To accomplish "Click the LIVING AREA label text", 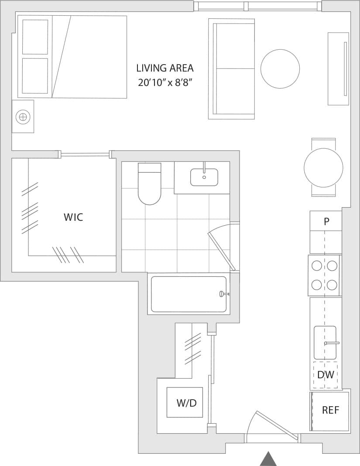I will pyautogui.click(x=165, y=68).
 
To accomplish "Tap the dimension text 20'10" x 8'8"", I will pyautogui.click(x=165, y=82).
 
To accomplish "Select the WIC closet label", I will pyautogui.click(x=73, y=217).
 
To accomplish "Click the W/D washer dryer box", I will pyautogui.click(x=185, y=402).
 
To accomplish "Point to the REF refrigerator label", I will pyautogui.click(x=330, y=410).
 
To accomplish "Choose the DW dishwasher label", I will pyautogui.click(x=326, y=374).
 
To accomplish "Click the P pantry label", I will pyautogui.click(x=326, y=222).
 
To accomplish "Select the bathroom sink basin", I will pyautogui.click(x=204, y=177).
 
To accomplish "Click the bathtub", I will pyautogui.click(x=189, y=294).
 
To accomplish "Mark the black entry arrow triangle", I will pyautogui.click(x=269, y=459).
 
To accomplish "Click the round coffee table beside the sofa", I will pyautogui.click(x=280, y=69).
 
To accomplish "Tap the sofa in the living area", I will pyautogui.click(x=232, y=69).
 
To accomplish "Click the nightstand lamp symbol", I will pyautogui.click(x=23, y=116).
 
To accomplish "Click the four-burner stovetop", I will pyautogui.click(x=324, y=275).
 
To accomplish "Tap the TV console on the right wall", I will pyautogui.click(x=338, y=69).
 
